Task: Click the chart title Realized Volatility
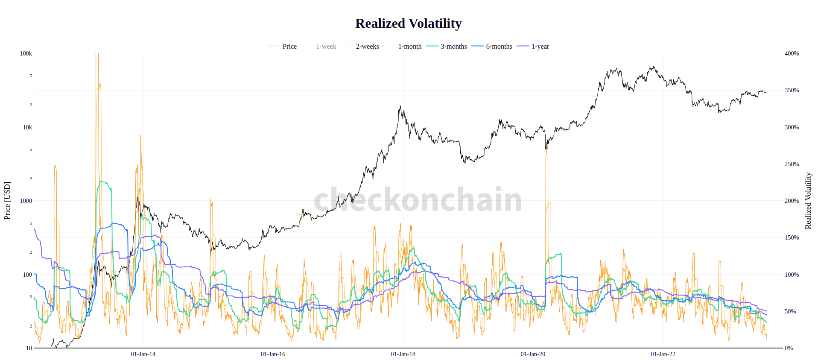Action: pyautogui.click(x=408, y=23)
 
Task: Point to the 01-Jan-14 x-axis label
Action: pyautogui.click(x=143, y=354)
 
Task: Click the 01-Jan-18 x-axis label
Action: pyautogui.click(x=403, y=354)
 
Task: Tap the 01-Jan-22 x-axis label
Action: pyautogui.click(x=663, y=354)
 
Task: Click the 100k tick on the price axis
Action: pyautogui.click(x=26, y=53)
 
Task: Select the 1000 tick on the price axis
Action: pyautogui.click(x=26, y=201)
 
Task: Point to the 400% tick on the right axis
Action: pyautogui.click(x=792, y=53)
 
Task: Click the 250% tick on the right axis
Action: pyautogui.click(x=792, y=164)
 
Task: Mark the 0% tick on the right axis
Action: pyautogui.click(x=789, y=348)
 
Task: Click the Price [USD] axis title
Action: pyautogui.click(x=7, y=201)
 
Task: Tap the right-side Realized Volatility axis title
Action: pyautogui.click(x=808, y=201)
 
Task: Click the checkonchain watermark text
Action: pyautogui.click(x=418, y=199)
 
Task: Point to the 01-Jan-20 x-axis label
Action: pyautogui.click(x=533, y=354)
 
